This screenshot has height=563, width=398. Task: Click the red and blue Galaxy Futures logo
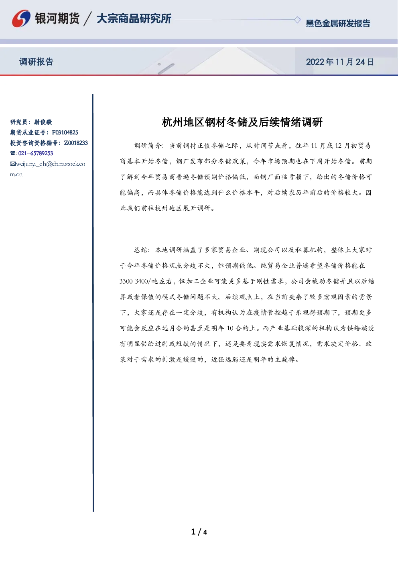pos(21,18)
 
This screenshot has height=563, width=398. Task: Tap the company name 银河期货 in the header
pos(57,18)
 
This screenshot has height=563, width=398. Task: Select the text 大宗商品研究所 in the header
pos(134,18)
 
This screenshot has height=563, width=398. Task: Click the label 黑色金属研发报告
pos(338,23)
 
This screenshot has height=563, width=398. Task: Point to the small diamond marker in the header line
pos(297,20)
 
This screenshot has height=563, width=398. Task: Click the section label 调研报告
pos(36,61)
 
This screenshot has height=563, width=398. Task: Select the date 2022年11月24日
pos(340,62)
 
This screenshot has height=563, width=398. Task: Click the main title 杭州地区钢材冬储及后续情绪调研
pos(242,122)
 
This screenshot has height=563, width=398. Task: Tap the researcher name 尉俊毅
pos(43,122)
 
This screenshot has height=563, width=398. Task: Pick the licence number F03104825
pos(65,132)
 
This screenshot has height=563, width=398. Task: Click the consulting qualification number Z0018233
pos(76,143)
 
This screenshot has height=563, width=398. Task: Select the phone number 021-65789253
pos(36,153)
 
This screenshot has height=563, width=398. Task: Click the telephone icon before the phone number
pos(12,153)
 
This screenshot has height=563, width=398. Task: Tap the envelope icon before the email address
pos(13,164)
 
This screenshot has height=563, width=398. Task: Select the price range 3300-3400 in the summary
pos(134,281)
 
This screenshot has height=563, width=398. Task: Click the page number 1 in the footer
pos(193,532)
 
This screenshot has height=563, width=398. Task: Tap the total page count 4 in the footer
pos(205,533)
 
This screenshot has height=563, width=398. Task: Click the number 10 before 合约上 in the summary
pos(230,328)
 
